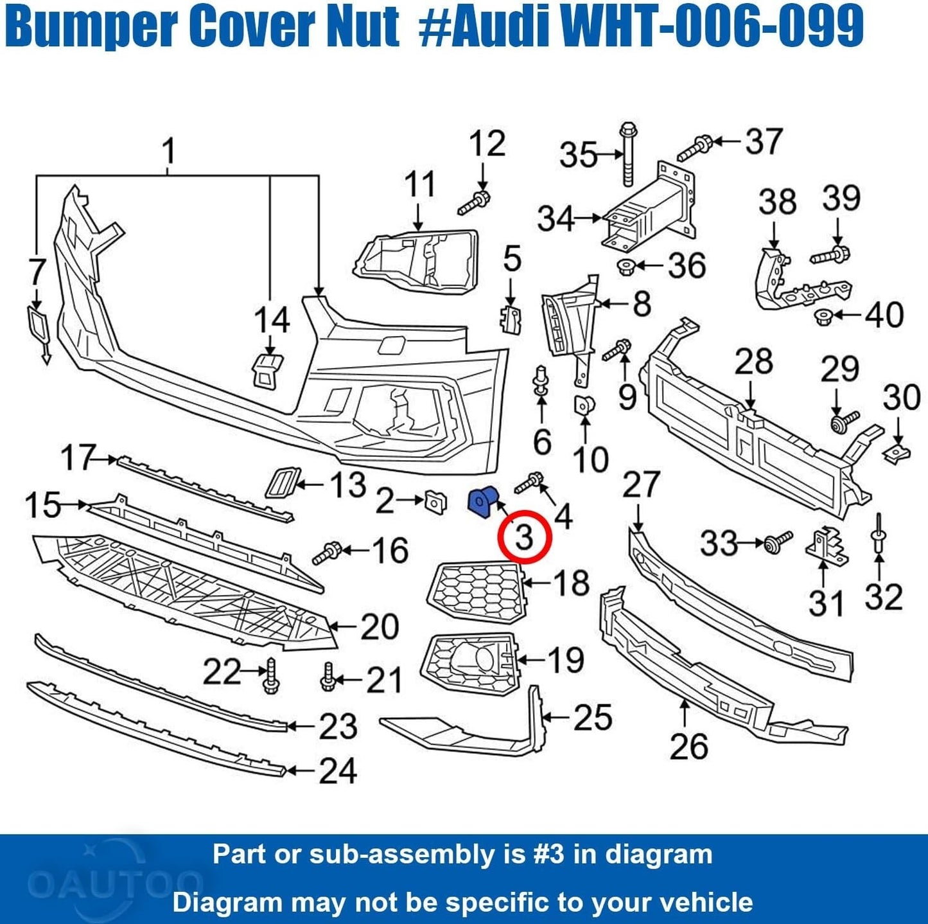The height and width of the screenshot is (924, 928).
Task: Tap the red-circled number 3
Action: [x=525, y=537]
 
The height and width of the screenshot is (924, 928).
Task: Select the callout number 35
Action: [x=578, y=155]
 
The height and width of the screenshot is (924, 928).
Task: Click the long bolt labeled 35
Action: [x=628, y=154]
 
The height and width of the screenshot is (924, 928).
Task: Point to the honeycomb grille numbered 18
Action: [x=477, y=591]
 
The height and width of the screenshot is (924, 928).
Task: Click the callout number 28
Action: [x=753, y=362]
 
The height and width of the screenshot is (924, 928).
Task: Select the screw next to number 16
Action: [x=328, y=553]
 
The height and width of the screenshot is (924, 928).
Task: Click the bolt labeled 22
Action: [x=270, y=675]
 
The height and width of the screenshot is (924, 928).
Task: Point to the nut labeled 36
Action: [x=626, y=265]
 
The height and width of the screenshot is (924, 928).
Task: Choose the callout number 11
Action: [x=420, y=184]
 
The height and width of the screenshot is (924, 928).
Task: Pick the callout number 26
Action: [x=688, y=747]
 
